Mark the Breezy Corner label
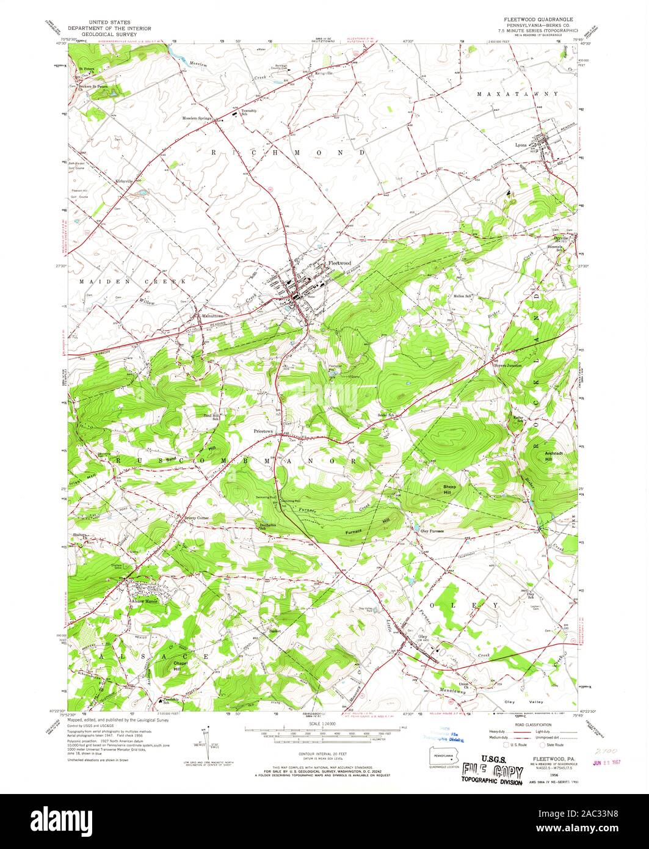click(197, 518)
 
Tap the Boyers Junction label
click(507, 365)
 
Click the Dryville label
click(561, 238)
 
